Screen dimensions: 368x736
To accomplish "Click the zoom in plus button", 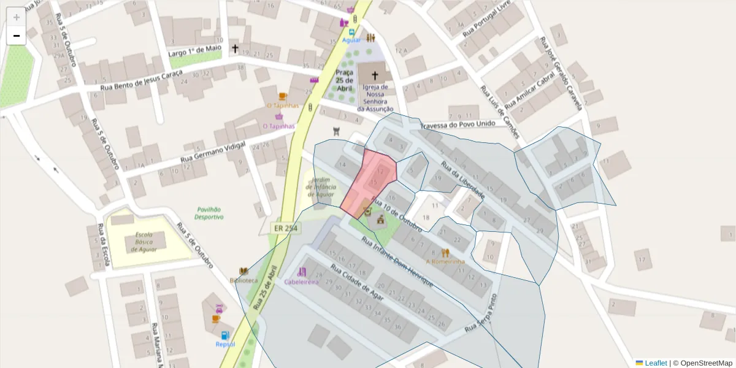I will (17, 17).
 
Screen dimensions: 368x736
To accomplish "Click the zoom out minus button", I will (17, 36).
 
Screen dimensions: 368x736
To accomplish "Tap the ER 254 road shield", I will (283, 228).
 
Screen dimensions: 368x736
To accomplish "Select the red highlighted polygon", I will (371, 181).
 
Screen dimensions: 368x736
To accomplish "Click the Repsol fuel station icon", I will (225, 335).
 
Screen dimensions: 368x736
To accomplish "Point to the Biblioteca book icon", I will (243, 271).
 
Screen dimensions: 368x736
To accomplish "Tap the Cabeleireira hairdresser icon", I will (301, 272).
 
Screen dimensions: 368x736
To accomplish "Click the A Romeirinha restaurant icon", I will (446, 252).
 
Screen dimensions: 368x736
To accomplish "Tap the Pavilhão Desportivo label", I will (209, 213).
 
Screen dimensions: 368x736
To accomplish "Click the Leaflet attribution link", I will (656, 363).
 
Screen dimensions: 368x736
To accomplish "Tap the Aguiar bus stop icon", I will (352, 32).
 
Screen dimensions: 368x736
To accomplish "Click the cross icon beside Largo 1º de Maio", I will (235, 48).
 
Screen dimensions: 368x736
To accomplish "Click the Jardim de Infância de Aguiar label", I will (321, 187).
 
